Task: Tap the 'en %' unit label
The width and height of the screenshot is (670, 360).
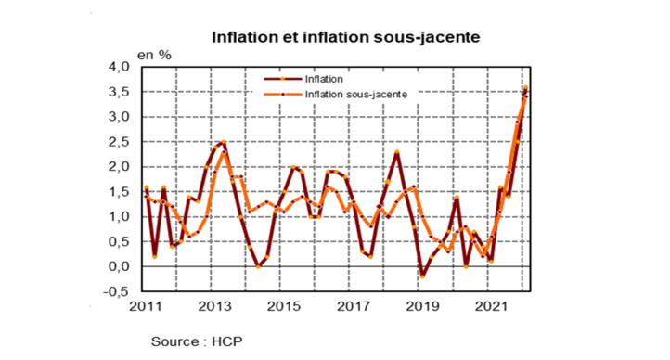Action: (x=154, y=56)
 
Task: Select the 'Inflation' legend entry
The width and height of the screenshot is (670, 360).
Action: (x=325, y=80)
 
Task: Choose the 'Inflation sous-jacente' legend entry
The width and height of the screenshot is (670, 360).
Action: (x=356, y=94)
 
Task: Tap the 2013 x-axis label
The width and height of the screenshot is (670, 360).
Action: (x=215, y=307)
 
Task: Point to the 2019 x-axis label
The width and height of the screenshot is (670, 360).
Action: (x=422, y=307)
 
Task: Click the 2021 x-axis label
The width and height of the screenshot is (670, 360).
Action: (x=491, y=307)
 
